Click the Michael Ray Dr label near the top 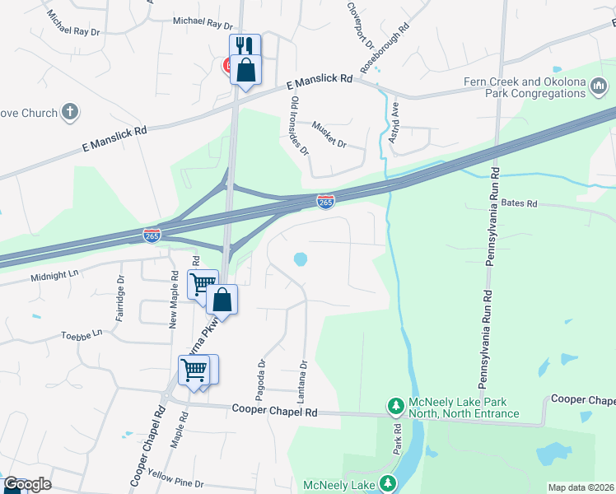coord(203,24)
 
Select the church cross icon coord(71,112)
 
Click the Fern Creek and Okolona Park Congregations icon coord(599,86)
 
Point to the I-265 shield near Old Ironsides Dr coord(325,201)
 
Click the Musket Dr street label coord(329,134)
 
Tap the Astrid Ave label coord(394,122)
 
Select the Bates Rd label coord(519,203)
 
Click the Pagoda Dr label coord(262,374)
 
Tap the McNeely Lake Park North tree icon coord(395,405)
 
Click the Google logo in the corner coord(27,484)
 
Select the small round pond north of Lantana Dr coord(301,259)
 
